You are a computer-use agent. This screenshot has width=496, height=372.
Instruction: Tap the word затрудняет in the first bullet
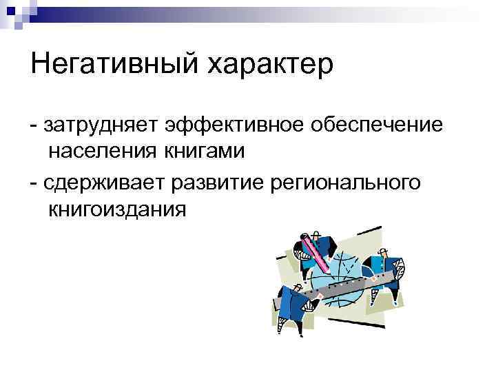(100, 125)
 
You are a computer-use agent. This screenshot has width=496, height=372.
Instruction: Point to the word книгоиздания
(117, 207)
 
